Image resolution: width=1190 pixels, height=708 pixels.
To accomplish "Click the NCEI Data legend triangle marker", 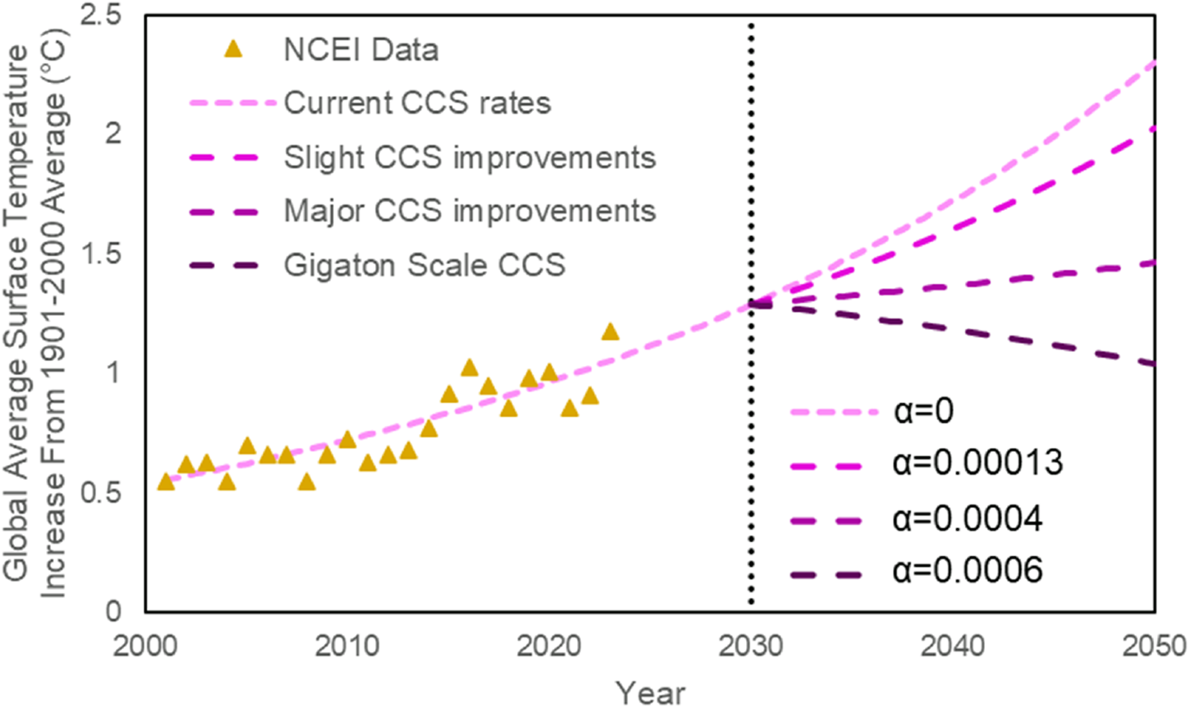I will pyautogui.click(x=234, y=50).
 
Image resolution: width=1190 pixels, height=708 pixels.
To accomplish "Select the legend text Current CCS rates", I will pyautogui.click(x=417, y=103).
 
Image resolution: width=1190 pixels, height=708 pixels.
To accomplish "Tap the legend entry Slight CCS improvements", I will pyautogui.click(x=469, y=158).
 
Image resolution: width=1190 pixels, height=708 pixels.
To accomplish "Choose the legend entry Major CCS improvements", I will pyautogui.click(x=469, y=212).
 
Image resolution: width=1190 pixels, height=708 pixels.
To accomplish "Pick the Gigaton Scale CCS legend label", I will pyautogui.click(x=424, y=266).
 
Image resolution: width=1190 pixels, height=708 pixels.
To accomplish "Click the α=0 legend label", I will pyautogui.click(x=923, y=411).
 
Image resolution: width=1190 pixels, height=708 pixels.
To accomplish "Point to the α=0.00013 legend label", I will pyautogui.click(x=977, y=464).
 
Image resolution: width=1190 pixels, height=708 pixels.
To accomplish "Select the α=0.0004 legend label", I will pyautogui.click(x=968, y=518).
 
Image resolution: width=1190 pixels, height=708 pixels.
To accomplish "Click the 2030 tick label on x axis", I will pyautogui.click(x=750, y=646).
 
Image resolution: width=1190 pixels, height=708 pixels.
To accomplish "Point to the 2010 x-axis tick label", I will pyautogui.click(x=346, y=646).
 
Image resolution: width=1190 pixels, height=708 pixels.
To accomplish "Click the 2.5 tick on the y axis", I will pyautogui.click(x=102, y=16).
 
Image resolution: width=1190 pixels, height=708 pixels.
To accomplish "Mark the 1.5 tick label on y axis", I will pyautogui.click(x=102, y=254).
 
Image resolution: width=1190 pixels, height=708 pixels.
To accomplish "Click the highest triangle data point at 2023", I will pyautogui.click(x=610, y=332).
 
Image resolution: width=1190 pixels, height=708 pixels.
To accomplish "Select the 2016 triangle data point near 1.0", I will pyautogui.click(x=469, y=368).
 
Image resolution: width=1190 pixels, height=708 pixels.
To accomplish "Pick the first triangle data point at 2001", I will pyautogui.click(x=166, y=482).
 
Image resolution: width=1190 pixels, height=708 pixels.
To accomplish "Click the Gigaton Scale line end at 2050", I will pyautogui.click(x=1153, y=363).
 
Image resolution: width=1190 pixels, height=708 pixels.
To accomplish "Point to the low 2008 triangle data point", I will pyautogui.click(x=307, y=482).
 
